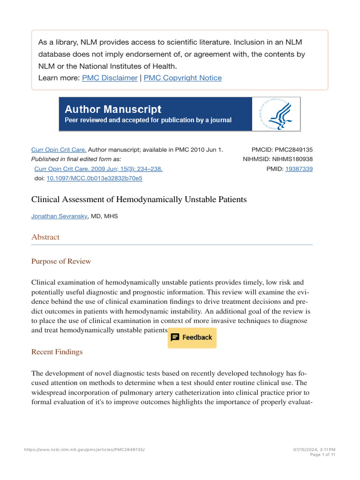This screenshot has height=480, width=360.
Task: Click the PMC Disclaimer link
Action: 110,78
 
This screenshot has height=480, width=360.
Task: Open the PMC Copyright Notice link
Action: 182,78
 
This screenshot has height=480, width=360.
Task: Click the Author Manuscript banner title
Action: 113,109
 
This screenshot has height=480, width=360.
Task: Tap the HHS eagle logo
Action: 276,114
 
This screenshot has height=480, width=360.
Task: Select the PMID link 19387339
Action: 299,169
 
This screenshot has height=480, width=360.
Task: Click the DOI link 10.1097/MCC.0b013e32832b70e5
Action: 94,178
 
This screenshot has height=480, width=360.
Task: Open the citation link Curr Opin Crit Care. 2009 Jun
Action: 98,169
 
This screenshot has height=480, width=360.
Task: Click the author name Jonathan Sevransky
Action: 59,216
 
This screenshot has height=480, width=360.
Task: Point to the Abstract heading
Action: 45,237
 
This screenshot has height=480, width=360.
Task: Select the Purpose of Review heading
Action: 61,261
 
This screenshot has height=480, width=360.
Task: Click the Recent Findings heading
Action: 57,352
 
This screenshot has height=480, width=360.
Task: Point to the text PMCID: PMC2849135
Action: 282,150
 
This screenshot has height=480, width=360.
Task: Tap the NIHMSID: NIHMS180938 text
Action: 277,159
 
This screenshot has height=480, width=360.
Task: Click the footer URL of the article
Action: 84,450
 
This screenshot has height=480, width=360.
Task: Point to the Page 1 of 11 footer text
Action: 323,455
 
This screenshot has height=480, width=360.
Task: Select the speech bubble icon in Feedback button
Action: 175,337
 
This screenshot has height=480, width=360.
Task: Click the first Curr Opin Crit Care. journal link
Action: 59,150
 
